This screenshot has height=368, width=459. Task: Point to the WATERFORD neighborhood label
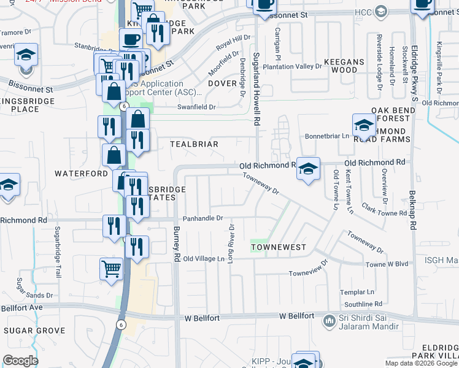(81, 174)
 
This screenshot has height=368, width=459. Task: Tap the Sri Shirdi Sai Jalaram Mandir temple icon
(330, 319)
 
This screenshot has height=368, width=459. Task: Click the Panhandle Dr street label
(204, 218)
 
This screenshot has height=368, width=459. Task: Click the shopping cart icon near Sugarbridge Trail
(111, 268)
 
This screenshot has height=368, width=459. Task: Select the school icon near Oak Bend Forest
(364, 125)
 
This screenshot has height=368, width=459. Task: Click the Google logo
(21, 361)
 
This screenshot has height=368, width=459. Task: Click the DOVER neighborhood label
(222, 83)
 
